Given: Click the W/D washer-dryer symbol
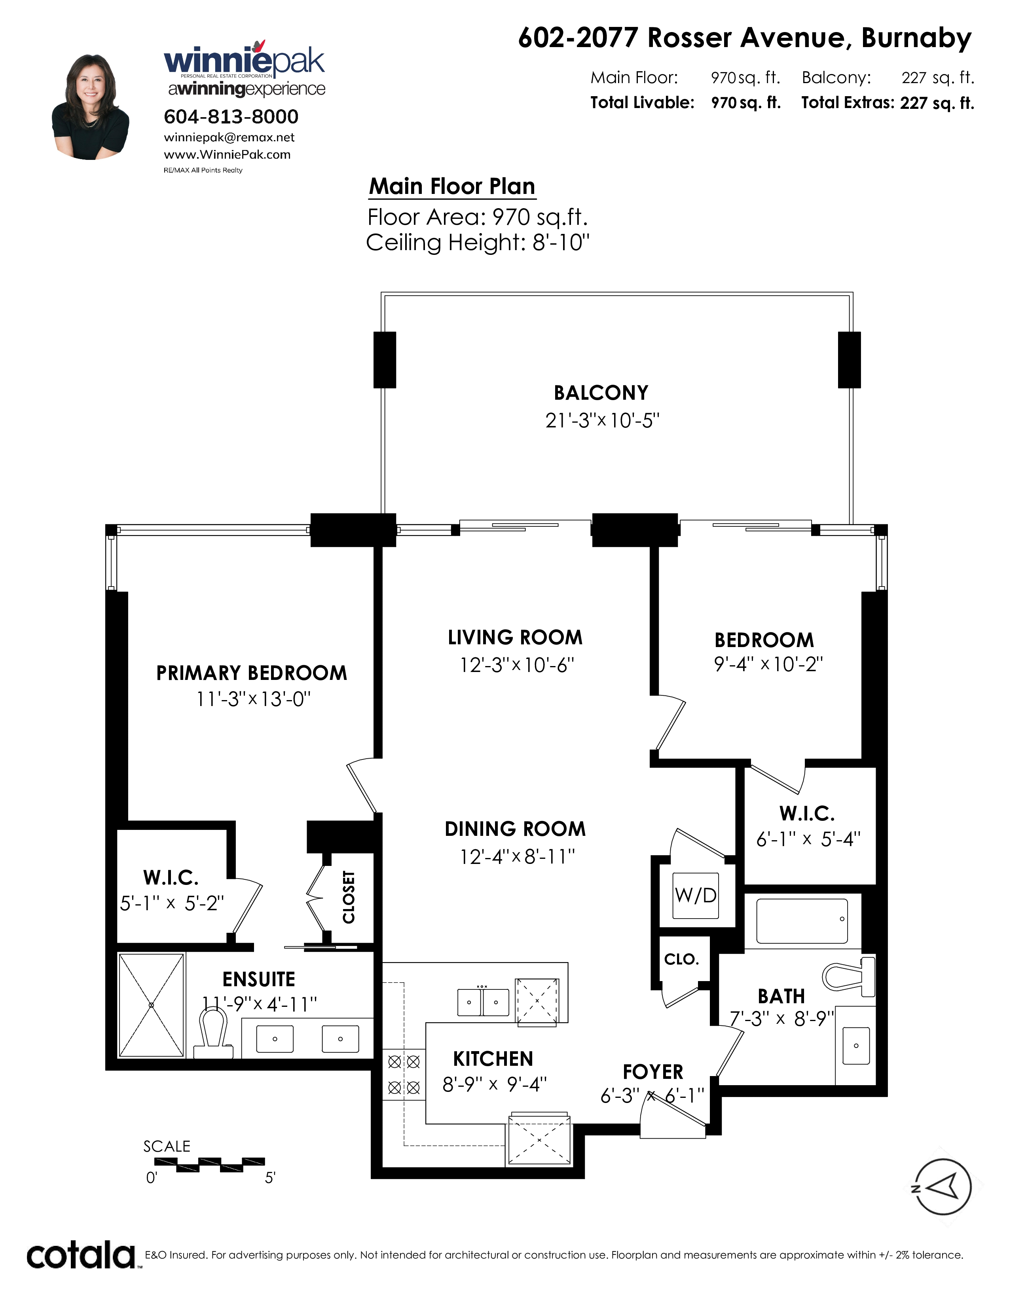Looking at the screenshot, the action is click(x=696, y=895).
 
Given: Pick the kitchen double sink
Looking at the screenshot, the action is click(x=483, y=1002).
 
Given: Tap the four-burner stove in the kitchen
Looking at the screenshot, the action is click(x=404, y=1074).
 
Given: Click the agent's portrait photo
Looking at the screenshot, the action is click(x=90, y=107).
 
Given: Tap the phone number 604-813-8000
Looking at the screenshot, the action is click(x=231, y=117).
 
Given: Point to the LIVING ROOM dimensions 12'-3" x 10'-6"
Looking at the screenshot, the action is click(x=516, y=664).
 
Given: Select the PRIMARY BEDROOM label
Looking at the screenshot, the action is click(x=252, y=673).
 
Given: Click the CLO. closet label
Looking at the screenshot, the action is click(x=681, y=960).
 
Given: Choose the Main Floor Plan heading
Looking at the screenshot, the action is click(x=452, y=186).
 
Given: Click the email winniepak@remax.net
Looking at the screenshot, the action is click(x=229, y=138).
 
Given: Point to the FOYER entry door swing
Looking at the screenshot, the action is click(x=672, y=1115).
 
